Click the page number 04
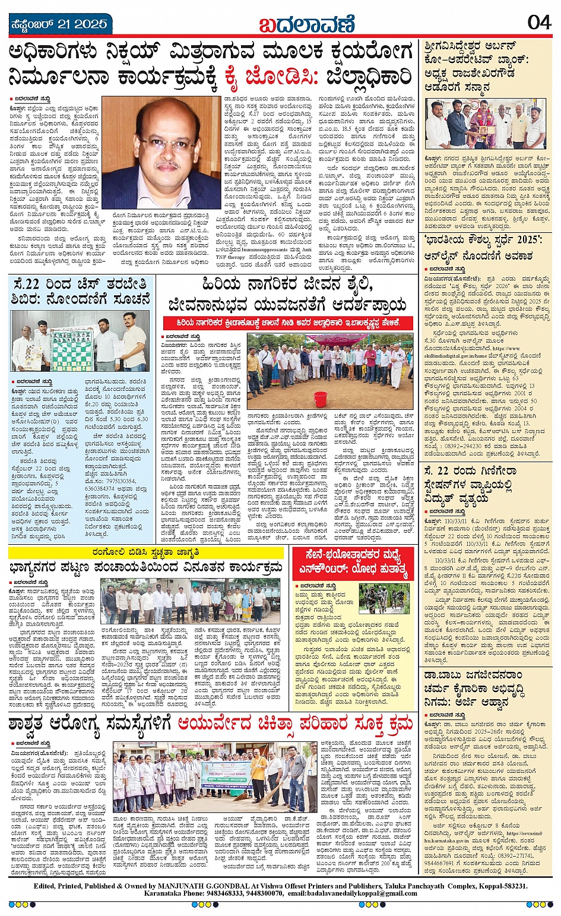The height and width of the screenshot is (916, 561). [x=539, y=23]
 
